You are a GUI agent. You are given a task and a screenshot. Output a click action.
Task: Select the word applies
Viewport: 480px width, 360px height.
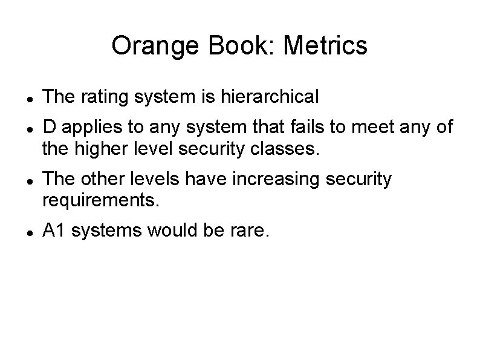(x=86, y=128)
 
